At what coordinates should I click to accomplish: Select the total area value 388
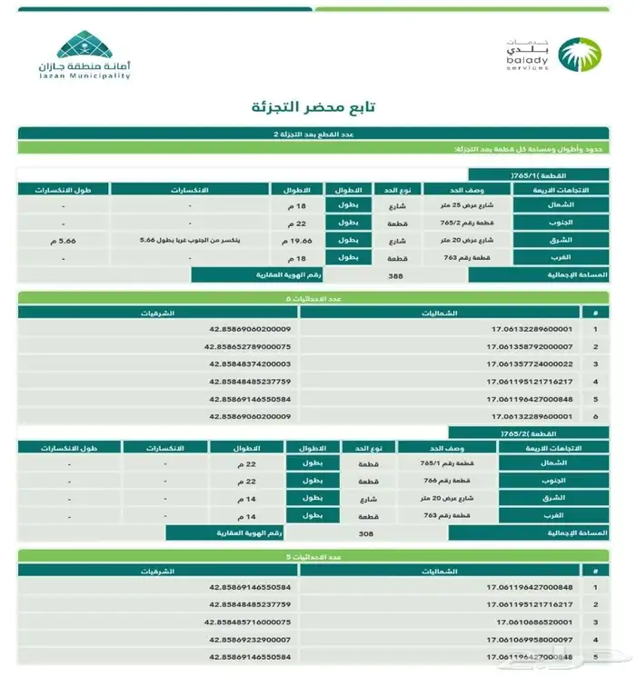395,274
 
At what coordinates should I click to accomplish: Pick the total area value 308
367,533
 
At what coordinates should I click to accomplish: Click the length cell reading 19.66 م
293,241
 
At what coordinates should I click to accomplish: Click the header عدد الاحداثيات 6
317,297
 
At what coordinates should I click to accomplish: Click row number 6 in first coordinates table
596,416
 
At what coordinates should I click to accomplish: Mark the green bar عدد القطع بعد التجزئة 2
317,134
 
